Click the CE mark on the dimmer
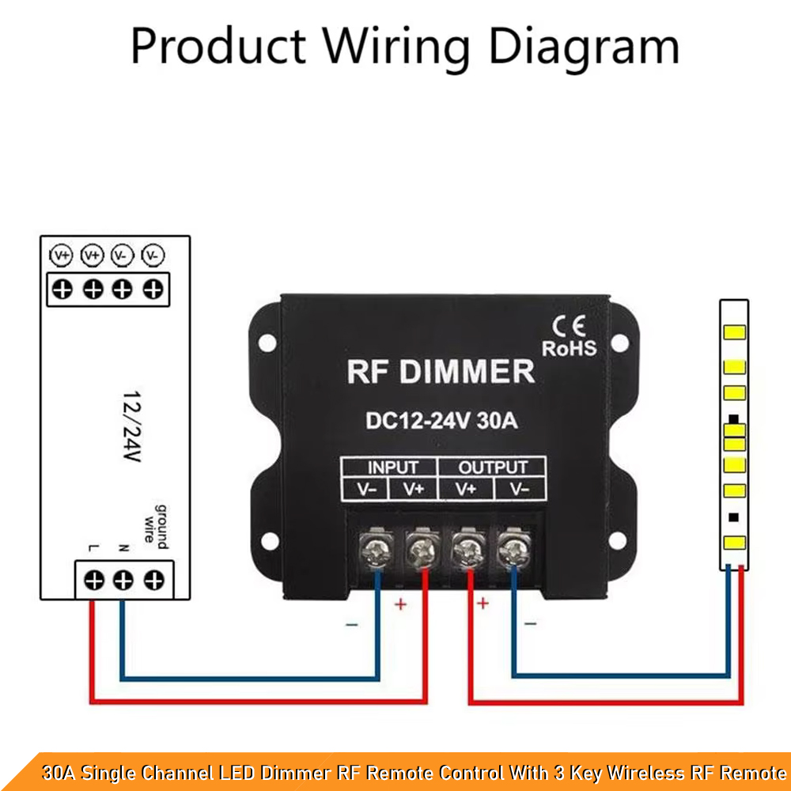(x=569, y=326)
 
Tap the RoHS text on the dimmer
(x=569, y=349)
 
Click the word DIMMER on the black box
(x=467, y=372)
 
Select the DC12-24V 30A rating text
(x=441, y=420)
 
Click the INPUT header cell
(x=389, y=467)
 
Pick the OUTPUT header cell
(x=492, y=467)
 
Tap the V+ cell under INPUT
(x=413, y=489)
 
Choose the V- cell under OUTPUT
(x=520, y=489)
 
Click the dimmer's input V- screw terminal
(x=376, y=548)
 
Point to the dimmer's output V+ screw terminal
(x=468, y=548)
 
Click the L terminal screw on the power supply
(x=94, y=580)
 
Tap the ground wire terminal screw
(x=154, y=580)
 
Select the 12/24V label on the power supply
(x=131, y=426)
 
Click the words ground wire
(x=156, y=527)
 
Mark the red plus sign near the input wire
(x=400, y=604)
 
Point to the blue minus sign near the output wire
(x=530, y=624)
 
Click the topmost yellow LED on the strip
(x=734, y=332)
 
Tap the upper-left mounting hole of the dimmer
(x=267, y=343)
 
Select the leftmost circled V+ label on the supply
(x=61, y=255)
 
